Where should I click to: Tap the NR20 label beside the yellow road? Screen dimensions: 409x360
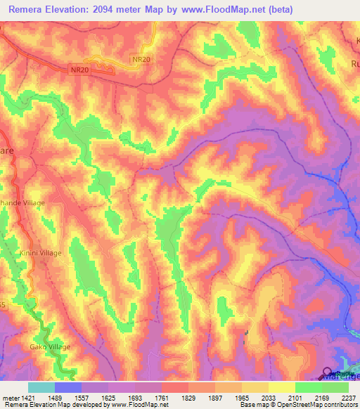point(141,60)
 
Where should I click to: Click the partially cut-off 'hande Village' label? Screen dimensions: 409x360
point(22,203)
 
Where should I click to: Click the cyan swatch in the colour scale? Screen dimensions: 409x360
point(41,387)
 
